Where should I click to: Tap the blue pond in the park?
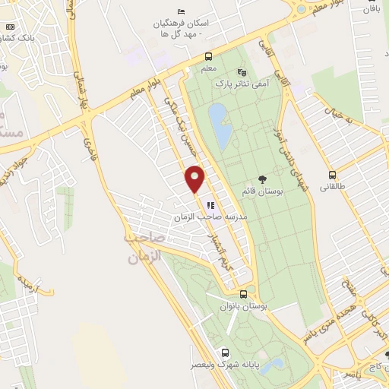(x=221, y=126)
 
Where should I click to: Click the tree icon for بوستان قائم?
(x=262, y=179)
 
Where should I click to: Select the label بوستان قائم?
(x=262, y=192)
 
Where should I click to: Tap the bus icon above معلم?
(x=208, y=56)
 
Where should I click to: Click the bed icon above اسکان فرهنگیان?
(x=180, y=11)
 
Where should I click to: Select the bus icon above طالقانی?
(x=331, y=174)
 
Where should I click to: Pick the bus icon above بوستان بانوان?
(x=243, y=294)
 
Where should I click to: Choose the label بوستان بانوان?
(x=243, y=306)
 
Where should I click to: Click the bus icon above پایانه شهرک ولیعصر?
(x=225, y=353)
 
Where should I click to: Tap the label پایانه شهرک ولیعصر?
(x=226, y=365)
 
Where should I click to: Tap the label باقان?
(x=370, y=9)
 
